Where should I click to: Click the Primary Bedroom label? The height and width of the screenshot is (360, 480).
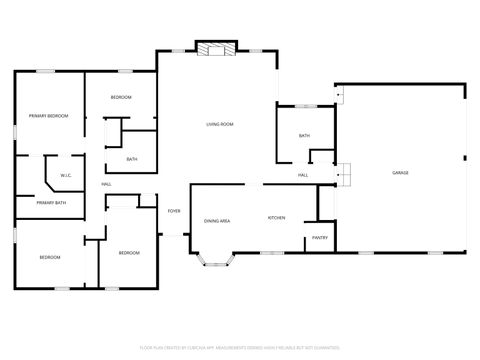tap(48, 116)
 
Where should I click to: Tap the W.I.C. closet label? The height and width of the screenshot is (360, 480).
tap(65, 176)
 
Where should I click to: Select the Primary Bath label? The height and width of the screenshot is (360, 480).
tap(52, 203)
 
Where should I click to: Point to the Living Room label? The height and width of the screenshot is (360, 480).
tap(220, 124)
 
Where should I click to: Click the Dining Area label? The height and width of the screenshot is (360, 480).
tap(218, 220)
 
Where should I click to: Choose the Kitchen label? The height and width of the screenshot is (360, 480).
tap(277, 218)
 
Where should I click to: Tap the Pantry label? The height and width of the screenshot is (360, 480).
tap(320, 237)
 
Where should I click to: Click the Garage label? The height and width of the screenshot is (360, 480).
tap(400, 173)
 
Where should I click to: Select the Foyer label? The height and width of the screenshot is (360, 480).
tap(174, 211)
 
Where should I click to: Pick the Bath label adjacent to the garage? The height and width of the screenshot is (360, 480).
tap(304, 136)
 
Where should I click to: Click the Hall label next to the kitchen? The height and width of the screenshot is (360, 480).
tap(302, 176)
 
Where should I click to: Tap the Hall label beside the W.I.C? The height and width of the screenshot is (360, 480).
tap(105, 184)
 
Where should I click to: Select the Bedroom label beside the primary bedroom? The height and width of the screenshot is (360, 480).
tap(121, 97)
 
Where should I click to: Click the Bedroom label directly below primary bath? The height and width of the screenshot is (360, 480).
tap(50, 257)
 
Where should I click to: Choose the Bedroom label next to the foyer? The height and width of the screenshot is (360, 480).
tap(129, 253)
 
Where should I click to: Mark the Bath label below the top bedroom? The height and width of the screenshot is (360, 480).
tap(132, 159)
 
